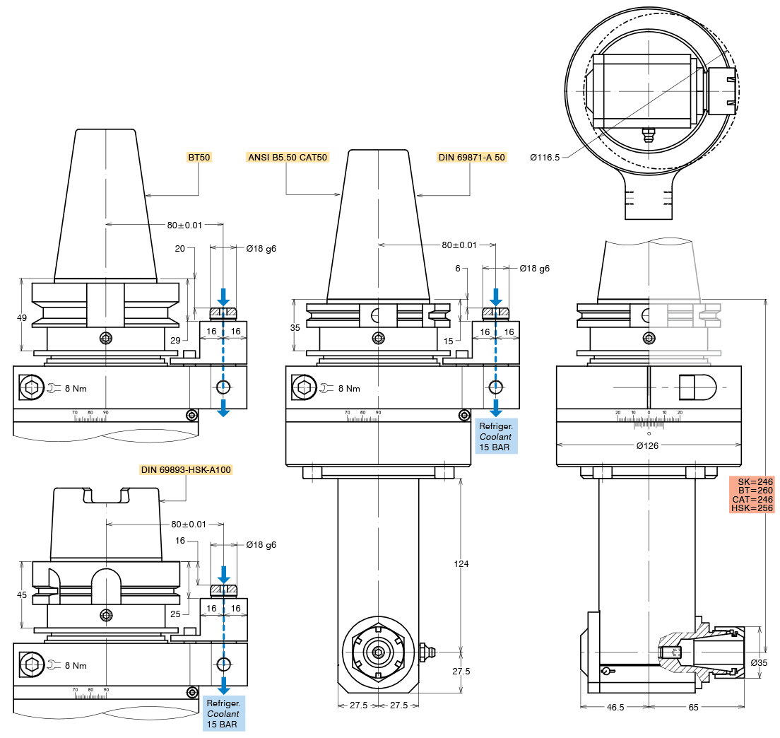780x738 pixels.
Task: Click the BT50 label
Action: pos(199,157)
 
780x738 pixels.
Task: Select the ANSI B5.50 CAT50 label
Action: pos(288,157)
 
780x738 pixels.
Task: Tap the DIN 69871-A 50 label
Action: pos(471,157)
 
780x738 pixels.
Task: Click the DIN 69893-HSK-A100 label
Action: pos(186,469)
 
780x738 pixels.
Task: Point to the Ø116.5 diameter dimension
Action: pos(545,157)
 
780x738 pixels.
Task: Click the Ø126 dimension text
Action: pos(649,445)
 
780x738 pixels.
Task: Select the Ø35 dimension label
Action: pos(759,662)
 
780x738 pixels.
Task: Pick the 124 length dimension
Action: pos(461,564)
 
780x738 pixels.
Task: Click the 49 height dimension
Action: pos(22,318)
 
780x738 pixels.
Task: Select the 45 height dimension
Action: pos(22,595)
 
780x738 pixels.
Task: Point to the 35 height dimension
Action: pos(295,327)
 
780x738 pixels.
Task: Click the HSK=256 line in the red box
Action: pos(752,508)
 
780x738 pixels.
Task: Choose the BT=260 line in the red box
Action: pos(752,490)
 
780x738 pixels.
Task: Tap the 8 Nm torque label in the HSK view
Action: pos(76,665)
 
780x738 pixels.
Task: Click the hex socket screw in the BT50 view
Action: pos(31,387)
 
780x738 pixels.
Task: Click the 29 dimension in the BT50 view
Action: pos(175,341)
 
